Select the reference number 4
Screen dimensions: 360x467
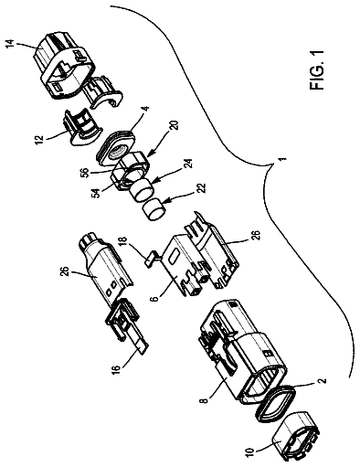click(x=146, y=109)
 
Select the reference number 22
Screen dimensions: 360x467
click(x=201, y=189)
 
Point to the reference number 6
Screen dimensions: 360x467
click(x=155, y=297)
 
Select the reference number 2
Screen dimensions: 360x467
click(x=323, y=380)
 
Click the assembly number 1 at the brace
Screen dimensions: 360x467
click(x=283, y=159)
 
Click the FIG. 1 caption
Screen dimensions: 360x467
click(x=317, y=70)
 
